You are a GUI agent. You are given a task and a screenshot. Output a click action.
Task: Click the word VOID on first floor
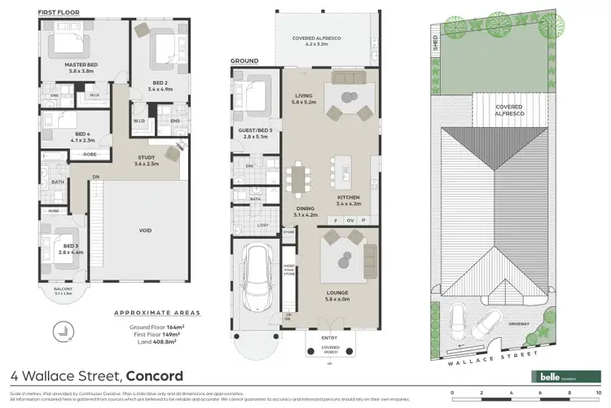pyautogui.click(x=146, y=230)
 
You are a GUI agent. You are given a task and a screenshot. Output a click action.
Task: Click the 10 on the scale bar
pyautogui.click(x=598, y=393)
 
